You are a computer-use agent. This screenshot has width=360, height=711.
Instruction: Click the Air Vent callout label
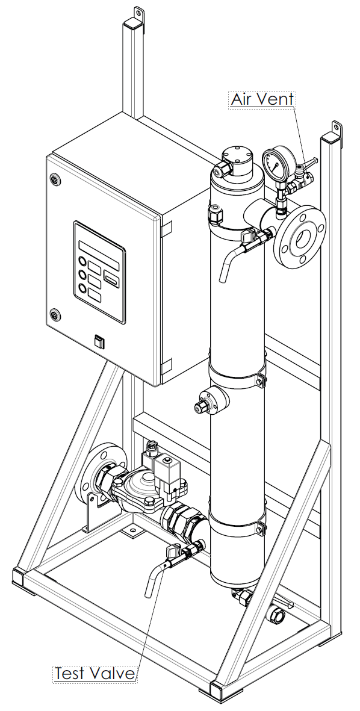point(262,99)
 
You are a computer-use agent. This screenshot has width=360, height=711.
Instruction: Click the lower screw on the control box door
point(55,313)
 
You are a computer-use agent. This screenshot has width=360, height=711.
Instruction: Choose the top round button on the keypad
point(83,261)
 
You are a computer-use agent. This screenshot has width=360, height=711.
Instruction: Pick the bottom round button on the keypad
point(83,288)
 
